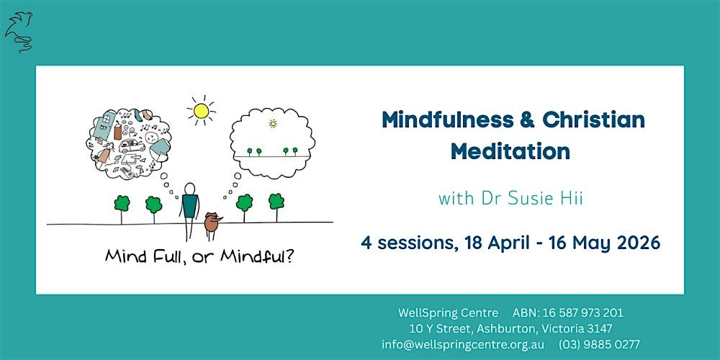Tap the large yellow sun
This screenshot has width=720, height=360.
coord(201,111)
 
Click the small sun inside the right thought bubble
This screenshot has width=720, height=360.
coord(273,123)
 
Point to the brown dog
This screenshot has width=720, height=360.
coord(212,223)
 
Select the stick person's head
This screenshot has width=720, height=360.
coord(189,188)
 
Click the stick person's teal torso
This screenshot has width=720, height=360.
coord(189,206)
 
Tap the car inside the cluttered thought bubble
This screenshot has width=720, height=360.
coord(132,146)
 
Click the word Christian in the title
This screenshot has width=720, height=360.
coord(593,120)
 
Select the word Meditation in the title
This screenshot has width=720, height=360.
coord(510,151)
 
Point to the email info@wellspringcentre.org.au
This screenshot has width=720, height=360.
coord(463,344)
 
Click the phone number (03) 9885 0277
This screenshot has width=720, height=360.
coord(599,344)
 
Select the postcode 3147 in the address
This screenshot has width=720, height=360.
coord(599,329)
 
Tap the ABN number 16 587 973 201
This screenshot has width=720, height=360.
coord(583,313)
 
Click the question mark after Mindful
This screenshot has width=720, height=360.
coord(289,256)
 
